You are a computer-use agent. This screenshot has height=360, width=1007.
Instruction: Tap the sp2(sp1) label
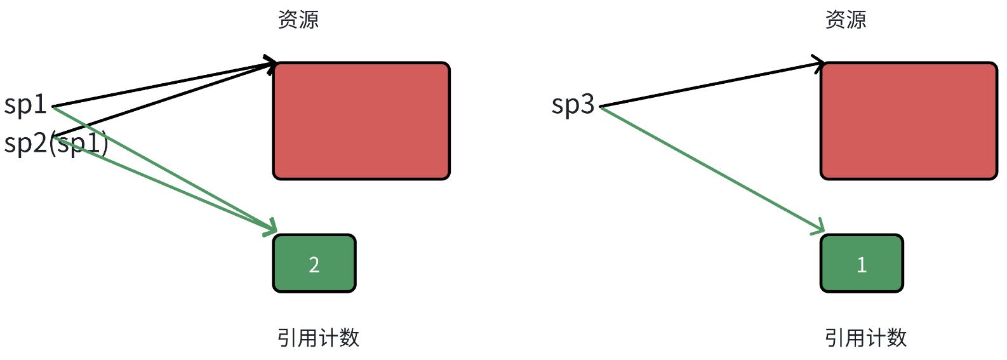pos(56,143)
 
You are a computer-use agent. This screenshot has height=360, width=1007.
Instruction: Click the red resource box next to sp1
pos(361,121)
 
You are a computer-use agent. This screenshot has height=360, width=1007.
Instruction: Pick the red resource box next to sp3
pos(909,121)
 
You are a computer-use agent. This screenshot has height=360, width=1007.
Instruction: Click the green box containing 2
pos(314,263)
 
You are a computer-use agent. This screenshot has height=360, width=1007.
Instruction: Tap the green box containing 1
pos(862,263)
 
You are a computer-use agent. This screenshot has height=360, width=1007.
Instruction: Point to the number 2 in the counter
pos(314,265)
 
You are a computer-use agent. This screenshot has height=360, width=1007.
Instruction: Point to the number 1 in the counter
pos(862,265)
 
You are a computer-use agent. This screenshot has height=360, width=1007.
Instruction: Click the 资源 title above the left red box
pos(298,20)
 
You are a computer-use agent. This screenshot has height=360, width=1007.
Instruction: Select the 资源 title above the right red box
pos(846,20)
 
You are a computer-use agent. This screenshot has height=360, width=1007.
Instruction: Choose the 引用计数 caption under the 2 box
pos(318,338)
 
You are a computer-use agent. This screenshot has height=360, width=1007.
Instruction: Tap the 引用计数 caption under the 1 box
pos(865,338)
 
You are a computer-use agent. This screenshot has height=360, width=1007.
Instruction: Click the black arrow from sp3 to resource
pos(711,85)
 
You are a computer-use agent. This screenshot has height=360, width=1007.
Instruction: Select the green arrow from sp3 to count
pos(711,169)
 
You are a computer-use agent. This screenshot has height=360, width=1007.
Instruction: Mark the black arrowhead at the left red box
pos(272,63)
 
